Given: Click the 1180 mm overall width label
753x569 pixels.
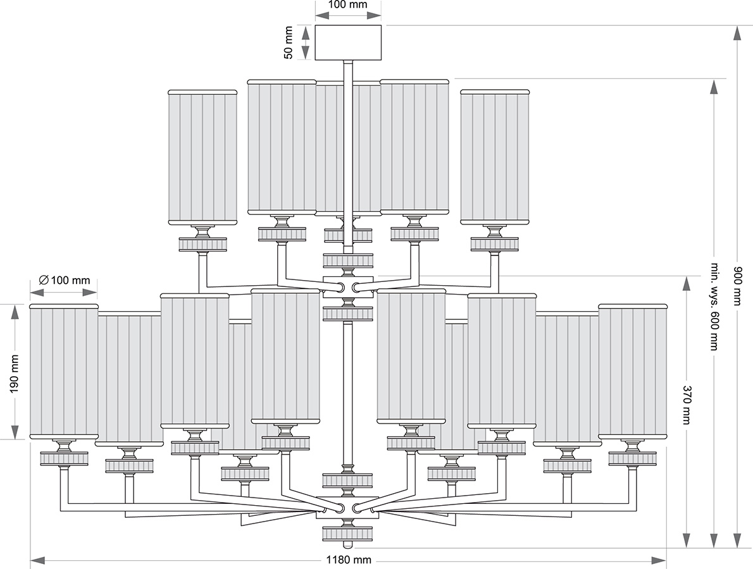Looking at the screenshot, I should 348,560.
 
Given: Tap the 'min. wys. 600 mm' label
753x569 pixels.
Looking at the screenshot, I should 714,306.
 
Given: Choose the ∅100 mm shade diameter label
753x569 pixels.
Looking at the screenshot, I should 64,279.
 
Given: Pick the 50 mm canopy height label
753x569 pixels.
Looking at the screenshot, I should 289,42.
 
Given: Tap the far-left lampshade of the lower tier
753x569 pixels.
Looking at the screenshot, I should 63,371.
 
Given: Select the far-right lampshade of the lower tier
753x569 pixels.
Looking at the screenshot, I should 632,371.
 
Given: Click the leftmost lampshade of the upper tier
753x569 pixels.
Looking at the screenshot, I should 202,157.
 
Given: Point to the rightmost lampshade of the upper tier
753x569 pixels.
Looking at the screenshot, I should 494,157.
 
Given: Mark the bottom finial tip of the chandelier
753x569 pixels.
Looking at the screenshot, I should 347,544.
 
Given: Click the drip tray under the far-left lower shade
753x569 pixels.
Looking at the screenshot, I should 63,458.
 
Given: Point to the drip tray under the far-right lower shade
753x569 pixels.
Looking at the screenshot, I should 632,458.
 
